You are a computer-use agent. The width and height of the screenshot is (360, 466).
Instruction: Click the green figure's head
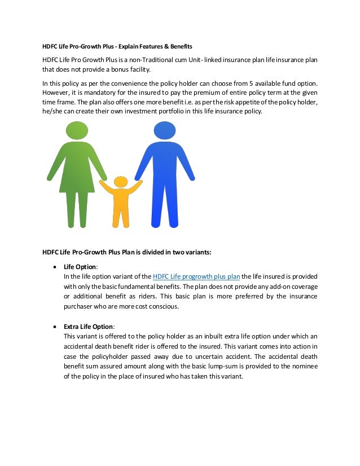(x=77, y=131)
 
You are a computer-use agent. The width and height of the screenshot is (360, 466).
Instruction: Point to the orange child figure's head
(x=121, y=182)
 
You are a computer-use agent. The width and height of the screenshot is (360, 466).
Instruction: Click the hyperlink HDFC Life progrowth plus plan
(x=196, y=276)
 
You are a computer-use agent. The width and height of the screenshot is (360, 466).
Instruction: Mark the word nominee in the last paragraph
(x=302, y=367)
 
